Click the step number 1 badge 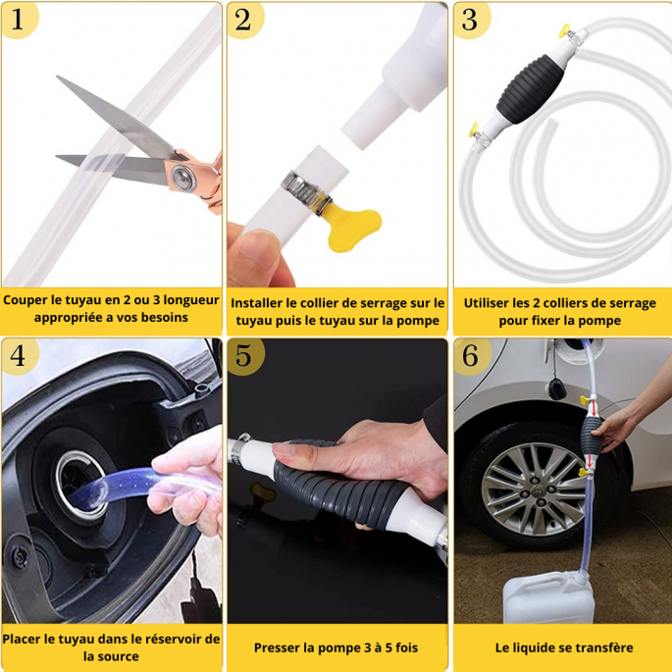tap(18, 19)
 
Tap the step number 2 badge tap(244, 19)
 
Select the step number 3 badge tap(471, 19)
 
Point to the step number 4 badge tap(19, 356)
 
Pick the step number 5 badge tap(244, 356)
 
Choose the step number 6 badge tap(471, 356)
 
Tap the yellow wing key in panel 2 tap(352, 227)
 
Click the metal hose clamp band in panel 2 tap(305, 191)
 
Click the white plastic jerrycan tap(548, 596)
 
